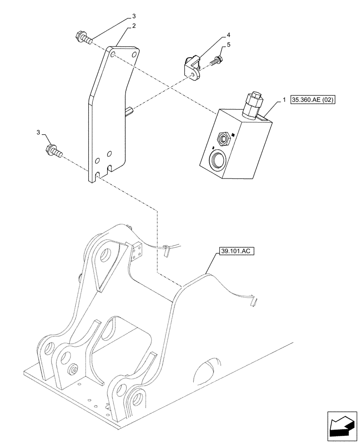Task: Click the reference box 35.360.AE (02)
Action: click(x=313, y=100)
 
